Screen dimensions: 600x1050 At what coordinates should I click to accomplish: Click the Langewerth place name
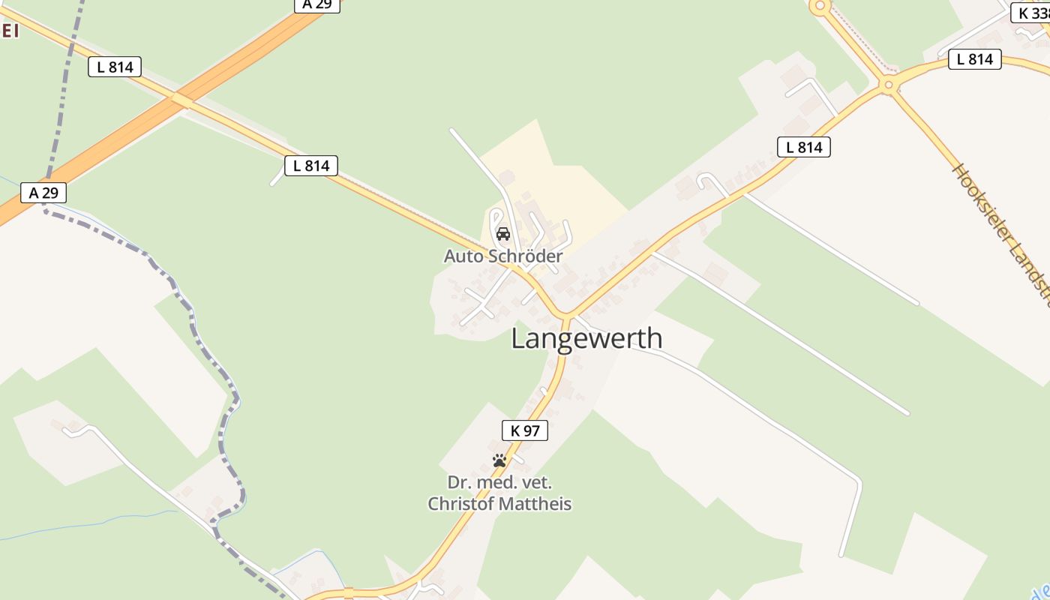(x=586, y=338)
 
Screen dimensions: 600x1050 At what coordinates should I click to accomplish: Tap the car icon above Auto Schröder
(x=503, y=234)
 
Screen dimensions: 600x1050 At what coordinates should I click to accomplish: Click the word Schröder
(x=525, y=256)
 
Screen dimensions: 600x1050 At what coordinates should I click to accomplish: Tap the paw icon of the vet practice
(x=499, y=460)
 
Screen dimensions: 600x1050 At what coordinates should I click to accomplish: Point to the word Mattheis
(x=537, y=504)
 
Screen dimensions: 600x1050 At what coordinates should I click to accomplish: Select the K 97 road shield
(x=524, y=430)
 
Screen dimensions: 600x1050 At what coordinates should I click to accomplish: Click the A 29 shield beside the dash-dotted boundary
(x=43, y=193)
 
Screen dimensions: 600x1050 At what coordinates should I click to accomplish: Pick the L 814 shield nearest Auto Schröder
(x=311, y=166)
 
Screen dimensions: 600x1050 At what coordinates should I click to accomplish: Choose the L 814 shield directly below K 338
(x=974, y=59)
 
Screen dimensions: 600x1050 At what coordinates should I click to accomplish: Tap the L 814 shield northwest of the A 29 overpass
(x=115, y=67)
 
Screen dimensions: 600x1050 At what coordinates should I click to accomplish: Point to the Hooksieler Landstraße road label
(x=1001, y=232)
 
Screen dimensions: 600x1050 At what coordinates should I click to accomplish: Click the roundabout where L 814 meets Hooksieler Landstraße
(x=889, y=85)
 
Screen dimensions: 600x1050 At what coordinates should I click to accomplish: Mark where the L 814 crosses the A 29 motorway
(x=180, y=99)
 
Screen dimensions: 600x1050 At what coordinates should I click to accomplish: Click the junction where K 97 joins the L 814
(x=564, y=315)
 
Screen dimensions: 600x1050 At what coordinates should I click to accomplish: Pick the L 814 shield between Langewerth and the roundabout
(x=804, y=148)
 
